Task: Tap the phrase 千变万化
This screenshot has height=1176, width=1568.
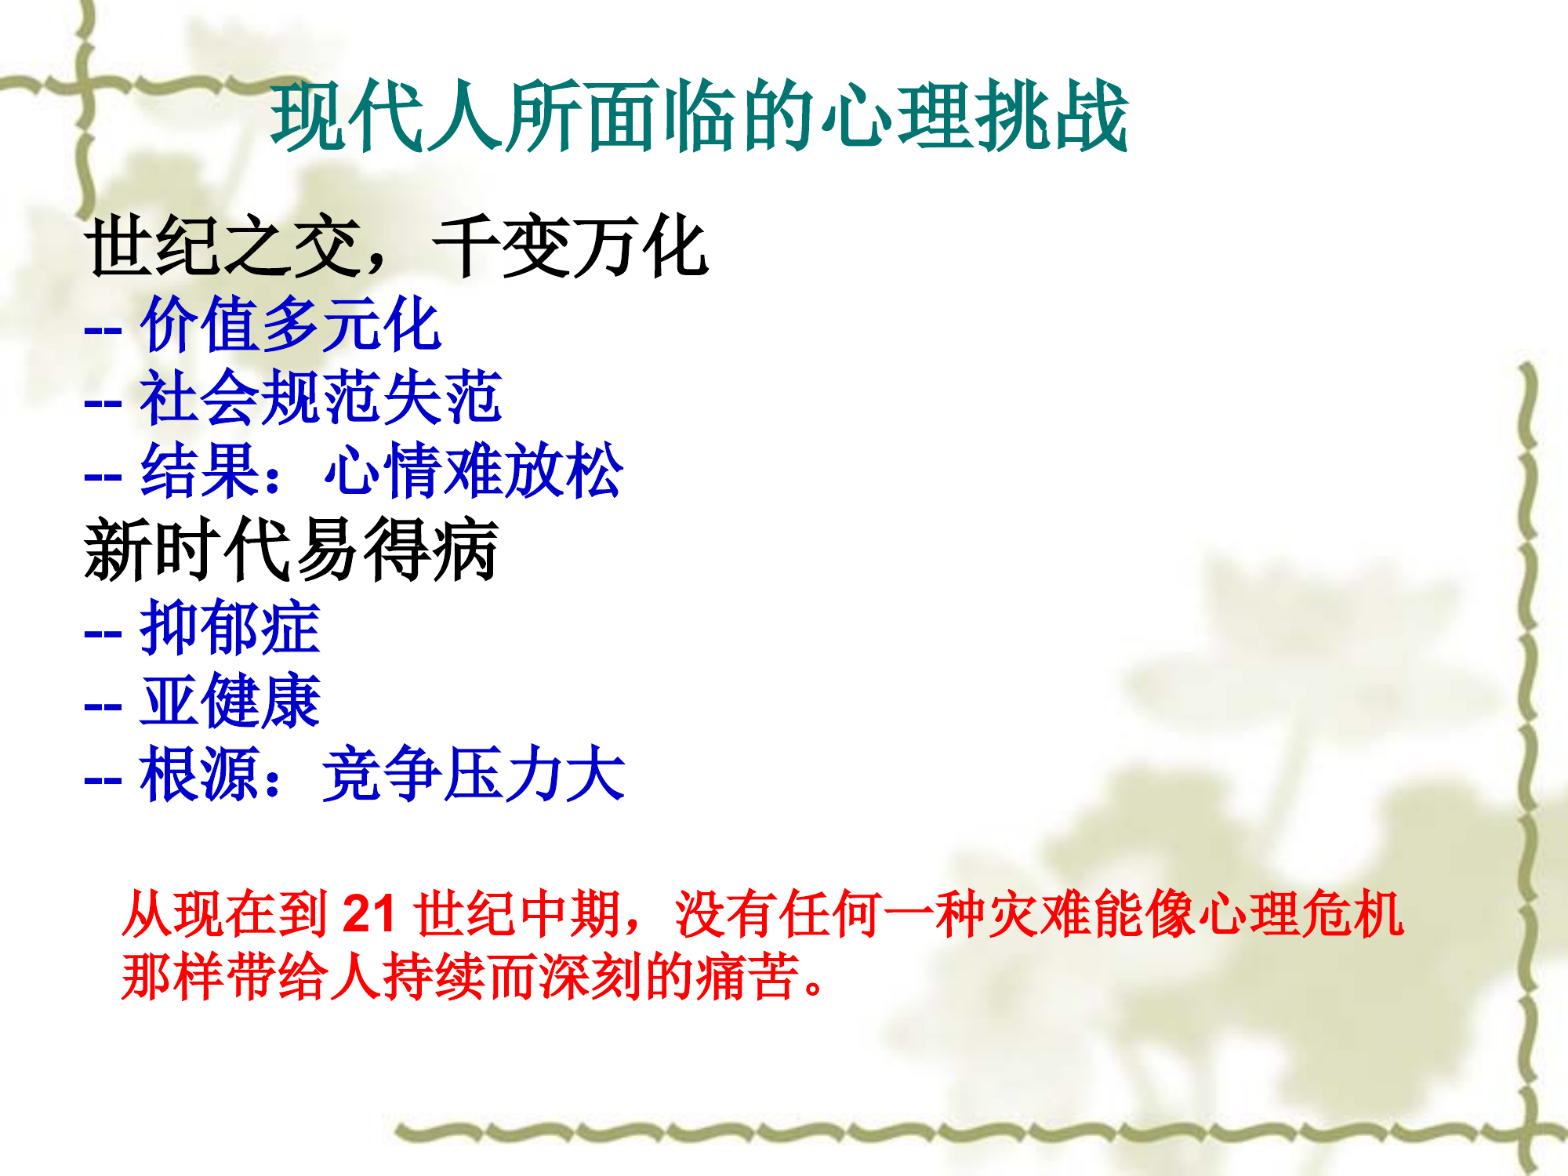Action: click(570, 247)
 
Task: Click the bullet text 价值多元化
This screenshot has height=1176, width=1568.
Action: click(290, 324)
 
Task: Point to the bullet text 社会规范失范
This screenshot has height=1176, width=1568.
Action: click(320, 397)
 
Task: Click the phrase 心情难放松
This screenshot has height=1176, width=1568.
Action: click(474, 471)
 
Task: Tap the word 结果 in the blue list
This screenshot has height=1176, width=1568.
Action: click(200, 471)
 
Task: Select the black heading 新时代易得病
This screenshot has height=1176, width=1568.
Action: click(291, 550)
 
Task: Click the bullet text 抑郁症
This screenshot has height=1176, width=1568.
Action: click(230, 627)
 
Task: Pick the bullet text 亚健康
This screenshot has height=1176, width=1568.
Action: click(230, 701)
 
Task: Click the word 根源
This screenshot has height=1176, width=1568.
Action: click(200, 775)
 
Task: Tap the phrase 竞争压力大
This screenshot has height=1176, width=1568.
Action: click(474, 775)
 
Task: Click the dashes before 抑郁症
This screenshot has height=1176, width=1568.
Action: click(103, 632)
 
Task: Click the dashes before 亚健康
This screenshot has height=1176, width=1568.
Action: click(103, 706)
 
